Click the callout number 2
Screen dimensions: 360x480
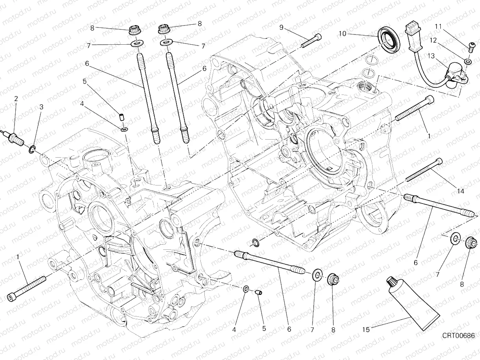click(x=16, y=98)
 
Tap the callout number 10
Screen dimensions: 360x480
click(x=342, y=34)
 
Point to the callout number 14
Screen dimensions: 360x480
click(x=460, y=191)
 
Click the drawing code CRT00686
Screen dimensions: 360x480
click(x=458, y=336)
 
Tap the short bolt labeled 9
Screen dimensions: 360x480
click(x=312, y=41)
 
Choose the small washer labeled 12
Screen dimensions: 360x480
click(x=467, y=62)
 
